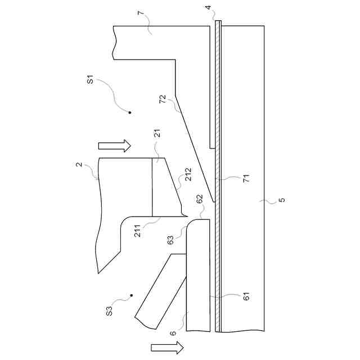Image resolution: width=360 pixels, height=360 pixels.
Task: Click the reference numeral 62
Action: coord(200,199)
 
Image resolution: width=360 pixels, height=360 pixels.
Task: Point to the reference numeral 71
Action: coord(246,179)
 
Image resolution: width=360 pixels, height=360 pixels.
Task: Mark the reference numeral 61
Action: coord(246,296)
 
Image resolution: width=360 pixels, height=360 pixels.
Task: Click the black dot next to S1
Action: coord(129,112)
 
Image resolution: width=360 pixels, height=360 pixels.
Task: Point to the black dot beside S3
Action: coord(131,295)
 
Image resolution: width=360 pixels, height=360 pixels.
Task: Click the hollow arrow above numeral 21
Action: coord(115,146)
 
